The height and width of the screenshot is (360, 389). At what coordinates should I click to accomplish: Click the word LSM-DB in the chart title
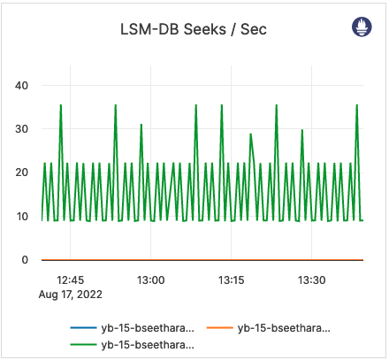pyautogui.click(x=149, y=29)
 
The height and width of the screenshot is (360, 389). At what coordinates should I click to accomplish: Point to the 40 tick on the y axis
pyautogui.click(x=23, y=86)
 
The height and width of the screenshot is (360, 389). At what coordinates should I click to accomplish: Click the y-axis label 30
pyautogui.click(x=23, y=129)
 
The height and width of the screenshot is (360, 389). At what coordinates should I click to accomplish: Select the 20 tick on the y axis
pyautogui.click(x=23, y=172)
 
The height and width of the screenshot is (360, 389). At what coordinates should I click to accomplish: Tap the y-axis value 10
pyautogui.click(x=23, y=216)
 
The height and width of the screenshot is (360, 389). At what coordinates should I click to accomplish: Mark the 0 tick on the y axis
pyautogui.click(x=26, y=260)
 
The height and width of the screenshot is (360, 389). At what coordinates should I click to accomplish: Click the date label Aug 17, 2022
pyautogui.click(x=71, y=294)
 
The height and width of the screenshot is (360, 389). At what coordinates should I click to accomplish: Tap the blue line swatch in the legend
pyautogui.click(x=83, y=328)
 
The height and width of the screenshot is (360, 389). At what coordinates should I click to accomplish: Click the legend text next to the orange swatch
pyautogui.click(x=287, y=328)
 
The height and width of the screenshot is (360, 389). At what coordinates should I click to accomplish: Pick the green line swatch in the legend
pyautogui.click(x=83, y=344)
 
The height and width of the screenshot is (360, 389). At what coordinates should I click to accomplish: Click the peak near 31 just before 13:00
pyautogui.click(x=141, y=125)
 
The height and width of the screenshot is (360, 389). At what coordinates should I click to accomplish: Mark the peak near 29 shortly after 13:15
pyautogui.click(x=251, y=134)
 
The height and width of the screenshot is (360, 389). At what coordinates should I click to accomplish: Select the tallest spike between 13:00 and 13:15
pyautogui.click(x=196, y=105)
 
